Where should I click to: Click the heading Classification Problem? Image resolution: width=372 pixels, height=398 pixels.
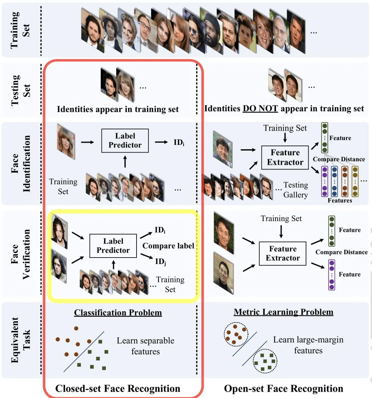pos(118,312)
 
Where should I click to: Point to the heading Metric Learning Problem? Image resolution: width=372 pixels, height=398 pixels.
pos(284,312)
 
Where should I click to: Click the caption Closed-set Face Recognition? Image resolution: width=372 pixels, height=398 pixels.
pos(118,388)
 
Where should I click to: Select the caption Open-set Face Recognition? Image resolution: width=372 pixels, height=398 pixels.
pos(284,388)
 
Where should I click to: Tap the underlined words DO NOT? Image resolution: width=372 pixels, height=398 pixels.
pos(260,108)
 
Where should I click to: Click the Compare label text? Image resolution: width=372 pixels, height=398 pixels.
pos(168,246)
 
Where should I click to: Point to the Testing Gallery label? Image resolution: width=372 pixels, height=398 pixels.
pos(296,190)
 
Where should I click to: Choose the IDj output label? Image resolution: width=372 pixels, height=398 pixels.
pos(161,261)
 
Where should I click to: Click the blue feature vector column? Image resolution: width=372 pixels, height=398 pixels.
pos(334,181)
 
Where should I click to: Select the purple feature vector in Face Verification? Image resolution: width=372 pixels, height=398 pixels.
pos(332,274)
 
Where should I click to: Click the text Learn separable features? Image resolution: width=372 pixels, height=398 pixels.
pos(146,346)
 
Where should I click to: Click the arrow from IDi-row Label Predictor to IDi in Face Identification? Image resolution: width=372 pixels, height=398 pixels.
pos(161,142)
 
